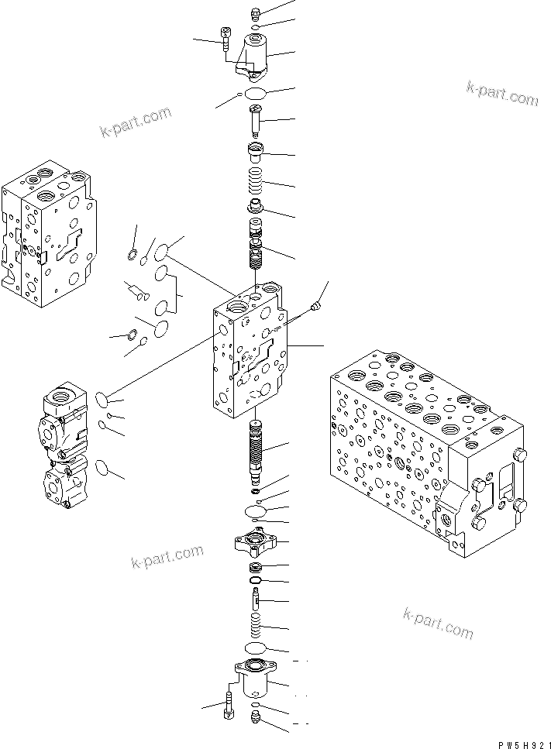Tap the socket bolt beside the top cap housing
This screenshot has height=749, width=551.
coord(226,38)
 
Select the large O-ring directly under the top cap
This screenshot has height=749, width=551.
coord(255,94)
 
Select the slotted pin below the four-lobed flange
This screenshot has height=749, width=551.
coord(256,599)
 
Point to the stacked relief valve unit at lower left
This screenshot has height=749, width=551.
coord(67,442)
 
